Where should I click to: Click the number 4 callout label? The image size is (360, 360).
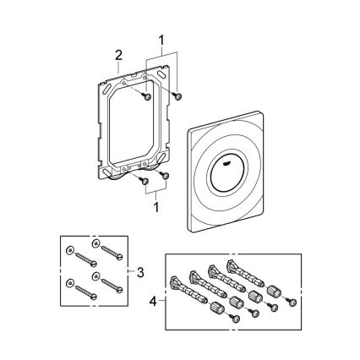point(153,299)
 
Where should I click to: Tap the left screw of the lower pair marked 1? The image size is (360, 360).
point(145,179)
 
